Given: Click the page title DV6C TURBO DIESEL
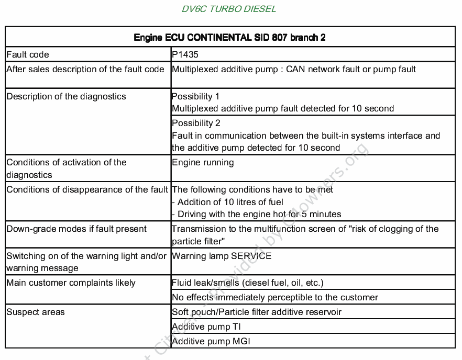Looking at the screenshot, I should point(229,9).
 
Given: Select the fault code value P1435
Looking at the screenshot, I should point(185,54).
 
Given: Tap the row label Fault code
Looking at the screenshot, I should point(28,54).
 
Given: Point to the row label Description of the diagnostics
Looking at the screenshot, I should point(66,96).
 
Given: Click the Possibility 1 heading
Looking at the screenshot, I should point(195,96).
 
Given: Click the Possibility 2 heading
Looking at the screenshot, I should point(196,123).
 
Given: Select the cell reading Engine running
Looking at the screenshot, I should point(203,162).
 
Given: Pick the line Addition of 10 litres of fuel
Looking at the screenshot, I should point(228,202).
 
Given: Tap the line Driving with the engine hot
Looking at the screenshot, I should point(257,214).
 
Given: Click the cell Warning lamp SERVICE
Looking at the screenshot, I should point(222,256).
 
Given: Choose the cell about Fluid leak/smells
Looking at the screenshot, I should point(247,283).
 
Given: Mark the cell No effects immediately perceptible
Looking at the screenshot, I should point(275,297).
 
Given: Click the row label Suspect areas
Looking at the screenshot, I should point(36,312).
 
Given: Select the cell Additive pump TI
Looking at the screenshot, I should point(206,327).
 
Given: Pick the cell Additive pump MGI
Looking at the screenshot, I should point(211,341).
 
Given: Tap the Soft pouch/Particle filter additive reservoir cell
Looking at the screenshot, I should point(257,312).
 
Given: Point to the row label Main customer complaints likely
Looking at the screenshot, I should point(71,283).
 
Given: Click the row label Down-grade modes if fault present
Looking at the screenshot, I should point(76,229).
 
